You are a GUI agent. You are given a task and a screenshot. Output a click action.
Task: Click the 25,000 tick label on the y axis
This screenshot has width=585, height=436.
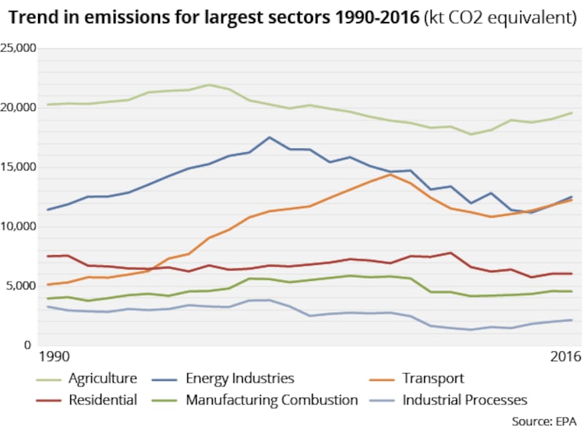click(x=18, y=48)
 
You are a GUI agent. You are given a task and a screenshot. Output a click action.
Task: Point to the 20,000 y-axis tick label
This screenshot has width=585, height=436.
click(x=18, y=108)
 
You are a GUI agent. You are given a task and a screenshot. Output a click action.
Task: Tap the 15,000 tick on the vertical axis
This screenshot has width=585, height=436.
click(x=18, y=167)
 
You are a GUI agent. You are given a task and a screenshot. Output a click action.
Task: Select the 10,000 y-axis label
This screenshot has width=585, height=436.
click(x=18, y=226)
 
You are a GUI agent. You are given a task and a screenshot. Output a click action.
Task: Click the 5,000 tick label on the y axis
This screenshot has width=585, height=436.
click(x=21, y=285)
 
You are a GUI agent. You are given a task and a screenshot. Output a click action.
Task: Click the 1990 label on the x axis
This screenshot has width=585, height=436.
click(x=54, y=358)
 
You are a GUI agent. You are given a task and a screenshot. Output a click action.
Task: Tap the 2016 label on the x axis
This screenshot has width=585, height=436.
click(x=564, y=358)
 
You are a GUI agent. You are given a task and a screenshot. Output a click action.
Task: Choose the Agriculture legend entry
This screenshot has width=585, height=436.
click(x=102, y=378)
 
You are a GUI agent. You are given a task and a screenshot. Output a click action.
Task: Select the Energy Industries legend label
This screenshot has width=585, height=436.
click(x=239, y=378)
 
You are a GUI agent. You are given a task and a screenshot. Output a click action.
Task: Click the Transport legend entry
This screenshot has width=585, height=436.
click(x=432, y=378)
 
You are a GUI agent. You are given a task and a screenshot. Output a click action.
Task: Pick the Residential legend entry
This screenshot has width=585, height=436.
click(x=102, y=400)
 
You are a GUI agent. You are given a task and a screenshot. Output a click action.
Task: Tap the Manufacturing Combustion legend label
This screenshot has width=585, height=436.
click(x=271, y=400)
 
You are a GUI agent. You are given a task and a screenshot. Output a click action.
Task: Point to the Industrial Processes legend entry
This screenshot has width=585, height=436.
click(x=464, y=400)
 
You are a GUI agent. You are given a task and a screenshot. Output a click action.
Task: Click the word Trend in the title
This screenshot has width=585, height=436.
click(x=31, y=17)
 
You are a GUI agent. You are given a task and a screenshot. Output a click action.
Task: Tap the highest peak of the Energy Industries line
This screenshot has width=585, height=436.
click(x=270, y=137)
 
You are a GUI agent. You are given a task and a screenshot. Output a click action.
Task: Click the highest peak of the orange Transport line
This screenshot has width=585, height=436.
click(x=391, y=174)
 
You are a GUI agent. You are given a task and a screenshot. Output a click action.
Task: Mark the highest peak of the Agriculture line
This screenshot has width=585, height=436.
click(x=209, y=85)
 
